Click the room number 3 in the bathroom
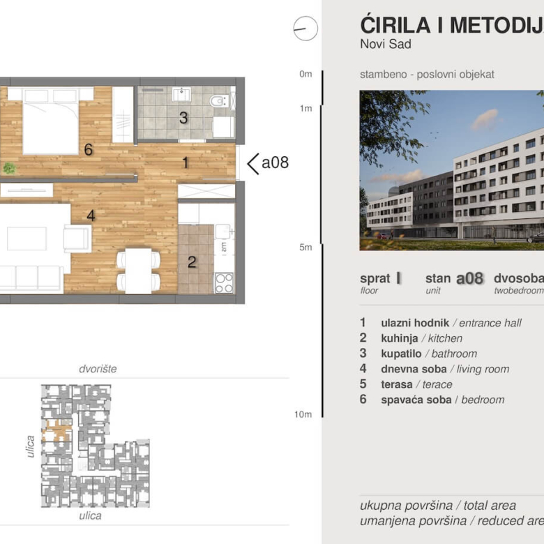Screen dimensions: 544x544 [183, 118]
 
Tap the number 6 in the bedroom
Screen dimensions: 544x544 [88, 149]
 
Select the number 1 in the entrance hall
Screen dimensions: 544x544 [185, 163]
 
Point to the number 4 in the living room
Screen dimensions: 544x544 [91, 216]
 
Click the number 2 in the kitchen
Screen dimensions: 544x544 [192, 263]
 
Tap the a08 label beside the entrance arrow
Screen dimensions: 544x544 [275, 163]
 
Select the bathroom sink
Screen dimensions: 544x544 [183, 94]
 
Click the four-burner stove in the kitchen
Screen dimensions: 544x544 [224, 282]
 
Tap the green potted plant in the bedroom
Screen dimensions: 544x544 [9, 167]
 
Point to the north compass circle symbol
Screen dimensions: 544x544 [305, 29]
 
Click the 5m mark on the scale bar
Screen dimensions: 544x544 [305, 247]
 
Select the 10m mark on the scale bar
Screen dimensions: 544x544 [303, 414]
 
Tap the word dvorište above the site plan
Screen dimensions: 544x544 [98, 368]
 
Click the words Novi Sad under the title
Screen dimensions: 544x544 [386, 45]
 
